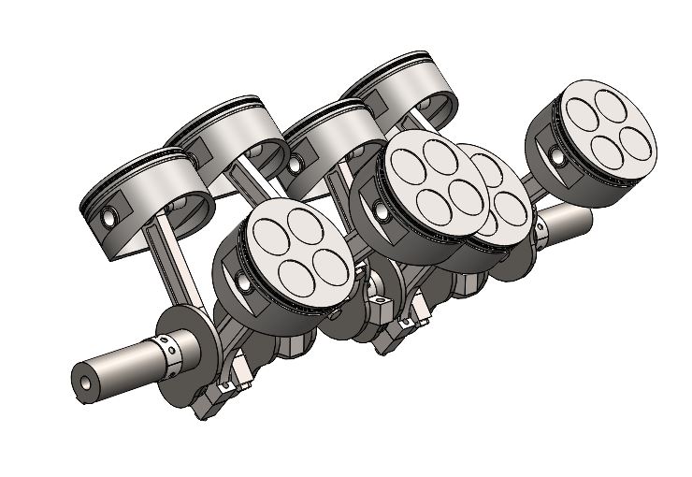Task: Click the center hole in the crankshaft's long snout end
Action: [85, 383]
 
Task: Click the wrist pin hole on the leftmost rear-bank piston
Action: [112, 215]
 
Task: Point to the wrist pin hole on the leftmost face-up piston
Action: [244, 284]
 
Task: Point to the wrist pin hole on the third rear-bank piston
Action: [296, 164]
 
